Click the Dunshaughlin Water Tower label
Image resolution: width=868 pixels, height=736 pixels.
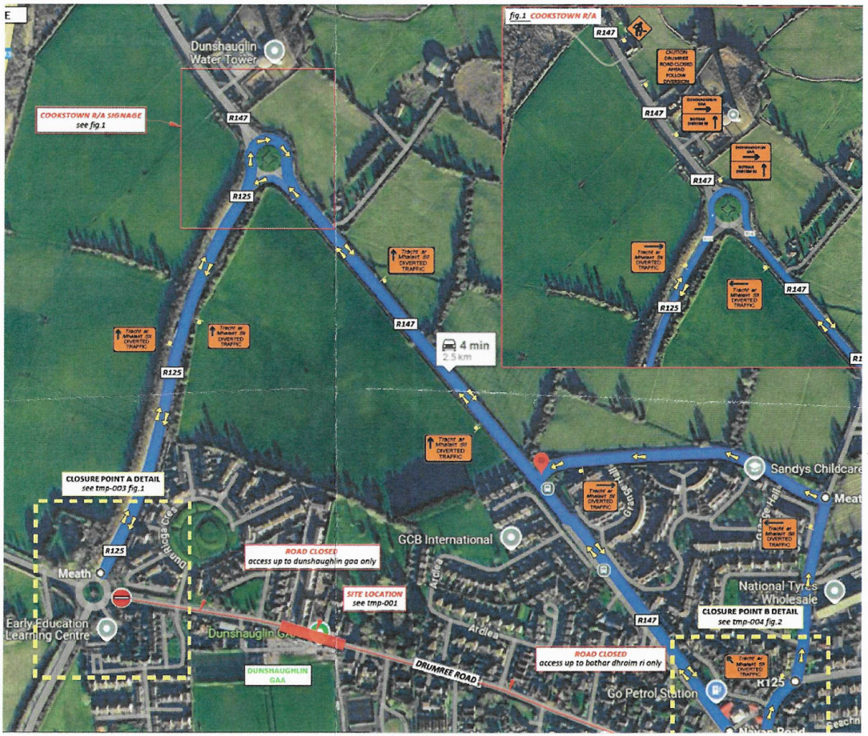pos(223,53)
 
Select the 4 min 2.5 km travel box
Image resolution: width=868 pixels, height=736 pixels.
pos(467,350)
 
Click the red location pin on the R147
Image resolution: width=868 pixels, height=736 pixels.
pos(541,462)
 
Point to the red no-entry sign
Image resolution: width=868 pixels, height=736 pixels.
pos(121,598)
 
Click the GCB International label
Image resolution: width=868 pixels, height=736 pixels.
pos(445,538)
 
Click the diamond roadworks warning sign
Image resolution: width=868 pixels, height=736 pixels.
pos(639,29)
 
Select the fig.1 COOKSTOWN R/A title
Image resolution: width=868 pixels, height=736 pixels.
pos(553,14)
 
